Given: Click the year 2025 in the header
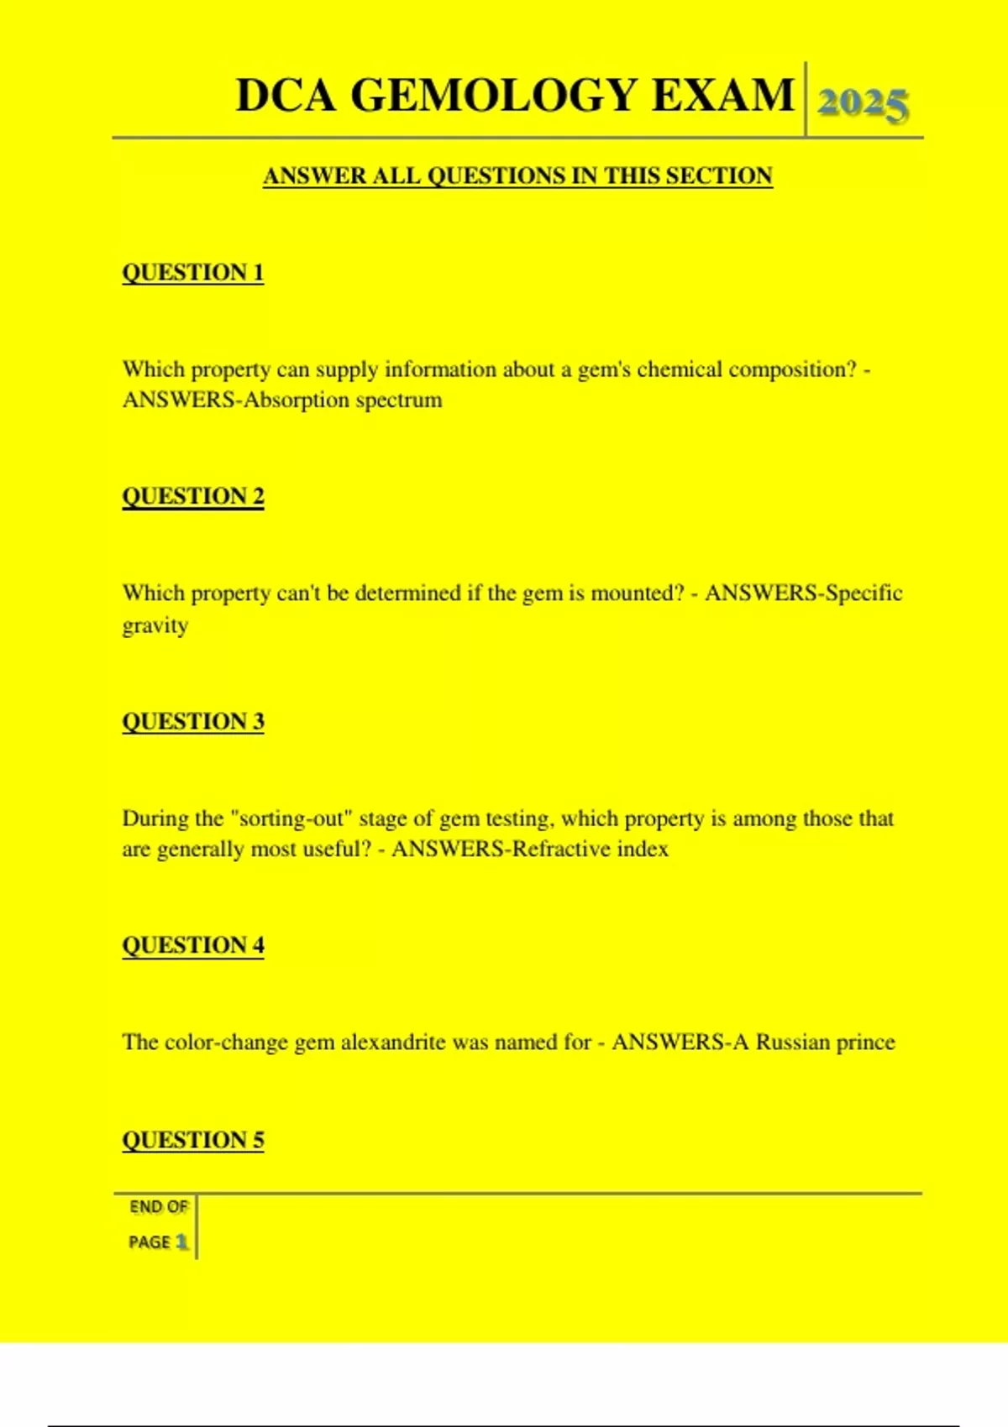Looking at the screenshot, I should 863,104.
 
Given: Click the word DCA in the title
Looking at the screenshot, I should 286,95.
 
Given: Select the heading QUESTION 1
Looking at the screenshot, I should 193,272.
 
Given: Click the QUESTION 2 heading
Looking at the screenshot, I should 193,496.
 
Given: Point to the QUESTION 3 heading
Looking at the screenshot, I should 193,721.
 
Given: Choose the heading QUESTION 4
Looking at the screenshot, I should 193,945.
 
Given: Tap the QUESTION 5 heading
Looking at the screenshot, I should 193,1140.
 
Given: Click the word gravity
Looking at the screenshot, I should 155,626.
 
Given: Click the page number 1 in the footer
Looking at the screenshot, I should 181,1241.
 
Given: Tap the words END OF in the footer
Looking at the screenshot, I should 159,1207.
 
